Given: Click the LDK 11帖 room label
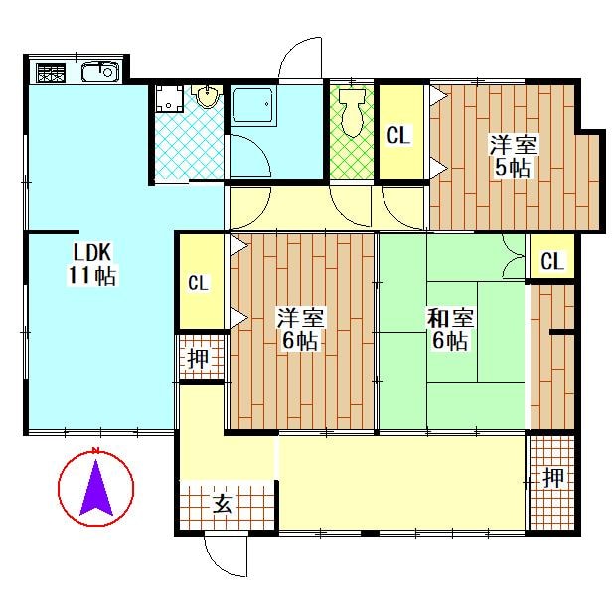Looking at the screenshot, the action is tap(92, 264).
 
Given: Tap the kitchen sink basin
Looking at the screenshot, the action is tap(100, 73).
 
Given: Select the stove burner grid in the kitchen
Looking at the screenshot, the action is tap(51, 73).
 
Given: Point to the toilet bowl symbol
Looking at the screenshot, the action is tap(352, 112).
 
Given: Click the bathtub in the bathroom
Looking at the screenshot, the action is tap(253, 105).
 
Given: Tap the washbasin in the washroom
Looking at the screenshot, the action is tap(207, 97).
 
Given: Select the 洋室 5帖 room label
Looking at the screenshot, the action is tap(513, 156).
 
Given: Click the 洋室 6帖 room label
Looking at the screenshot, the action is tap(300, 329).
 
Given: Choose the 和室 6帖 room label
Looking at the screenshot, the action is tap(450, 329).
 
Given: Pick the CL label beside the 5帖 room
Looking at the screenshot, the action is tap(398, 135).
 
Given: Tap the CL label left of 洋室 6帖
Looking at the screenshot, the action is tap(199, 282).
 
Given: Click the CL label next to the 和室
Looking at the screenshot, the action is tap(552, 261).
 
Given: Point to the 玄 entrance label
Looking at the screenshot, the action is tap(223, 504).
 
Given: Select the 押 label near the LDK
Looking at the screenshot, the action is tap(198, 358).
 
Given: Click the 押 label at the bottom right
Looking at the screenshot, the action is tap(553, 478).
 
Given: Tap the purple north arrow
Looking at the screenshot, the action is tap(96, 487).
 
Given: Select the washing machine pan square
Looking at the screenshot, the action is tap(169, 98).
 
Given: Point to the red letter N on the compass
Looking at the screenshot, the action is tap(95, 450).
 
